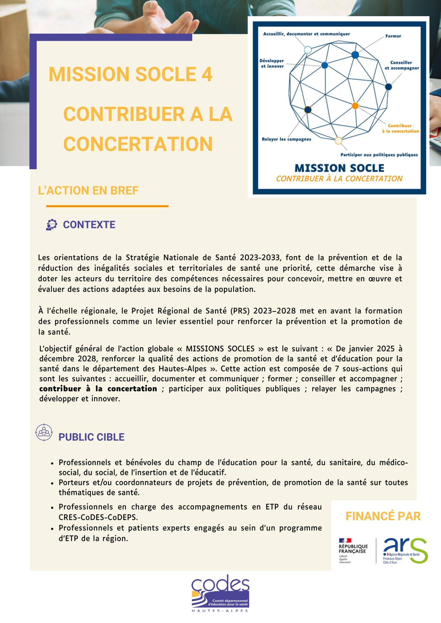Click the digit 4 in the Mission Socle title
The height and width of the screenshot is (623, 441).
(x=206, y=75)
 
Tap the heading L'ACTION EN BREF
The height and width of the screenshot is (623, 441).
(x=88, y=190)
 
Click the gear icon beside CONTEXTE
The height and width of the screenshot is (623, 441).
(x=51, y=225)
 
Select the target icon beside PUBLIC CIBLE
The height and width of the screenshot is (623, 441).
(x=44, y=432)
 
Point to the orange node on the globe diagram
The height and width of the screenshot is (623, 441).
(x=355, y=106)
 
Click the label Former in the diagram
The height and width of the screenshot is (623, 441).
(x=393, y=36)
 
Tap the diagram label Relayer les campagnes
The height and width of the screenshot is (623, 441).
(x=286, y=139)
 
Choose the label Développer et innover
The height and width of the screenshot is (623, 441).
(x=272, y=64)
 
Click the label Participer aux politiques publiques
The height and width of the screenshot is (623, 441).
(x=379, y=155)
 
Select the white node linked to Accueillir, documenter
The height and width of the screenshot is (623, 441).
(x=308, y=50)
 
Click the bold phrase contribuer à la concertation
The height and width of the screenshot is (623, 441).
(x=98, y=389)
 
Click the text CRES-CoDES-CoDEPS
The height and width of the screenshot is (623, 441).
(x=98, y=517)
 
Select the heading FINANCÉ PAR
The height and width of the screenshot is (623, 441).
(x=383, y=516)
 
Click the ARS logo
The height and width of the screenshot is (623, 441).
(x=405, y=550)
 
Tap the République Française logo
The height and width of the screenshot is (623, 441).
(x=353, y=550)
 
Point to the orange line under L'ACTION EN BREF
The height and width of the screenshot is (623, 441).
(x=107, y=206)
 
